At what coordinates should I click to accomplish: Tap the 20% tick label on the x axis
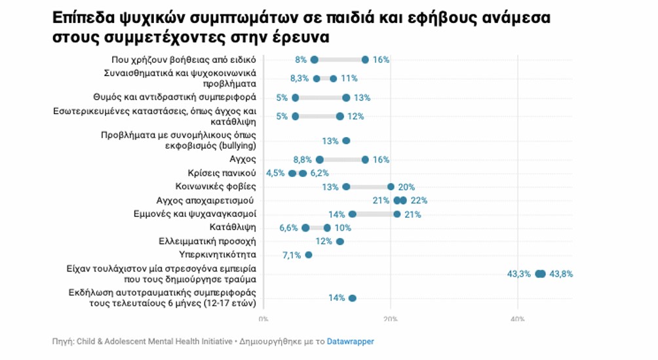tap(391, 319)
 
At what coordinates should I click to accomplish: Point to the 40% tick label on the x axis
tap(518, 319)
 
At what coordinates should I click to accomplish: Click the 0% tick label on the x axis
tap(263, 319)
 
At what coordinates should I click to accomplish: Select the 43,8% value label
tap(561, 274)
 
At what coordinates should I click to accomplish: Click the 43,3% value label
tap(518, 274)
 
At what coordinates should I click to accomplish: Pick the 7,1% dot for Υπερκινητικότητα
tap(309, 254)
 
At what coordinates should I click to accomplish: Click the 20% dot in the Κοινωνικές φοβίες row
tap(391, 187)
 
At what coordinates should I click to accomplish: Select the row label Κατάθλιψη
tap(233, 228)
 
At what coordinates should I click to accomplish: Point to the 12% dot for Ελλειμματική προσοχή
tap(339, 241)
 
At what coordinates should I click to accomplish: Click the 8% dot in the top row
tap(315, 60)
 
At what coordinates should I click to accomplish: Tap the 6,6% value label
tap(289, 228)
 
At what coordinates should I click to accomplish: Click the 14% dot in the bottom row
tap(353, 298)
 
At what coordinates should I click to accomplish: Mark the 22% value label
tap(419, 201)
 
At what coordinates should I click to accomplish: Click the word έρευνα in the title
tap(298, 38)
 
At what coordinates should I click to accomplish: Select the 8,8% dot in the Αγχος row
tap(319, 159)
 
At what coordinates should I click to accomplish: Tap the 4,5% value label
tap(275, 173)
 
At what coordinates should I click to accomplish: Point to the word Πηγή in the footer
tap(63, 342)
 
